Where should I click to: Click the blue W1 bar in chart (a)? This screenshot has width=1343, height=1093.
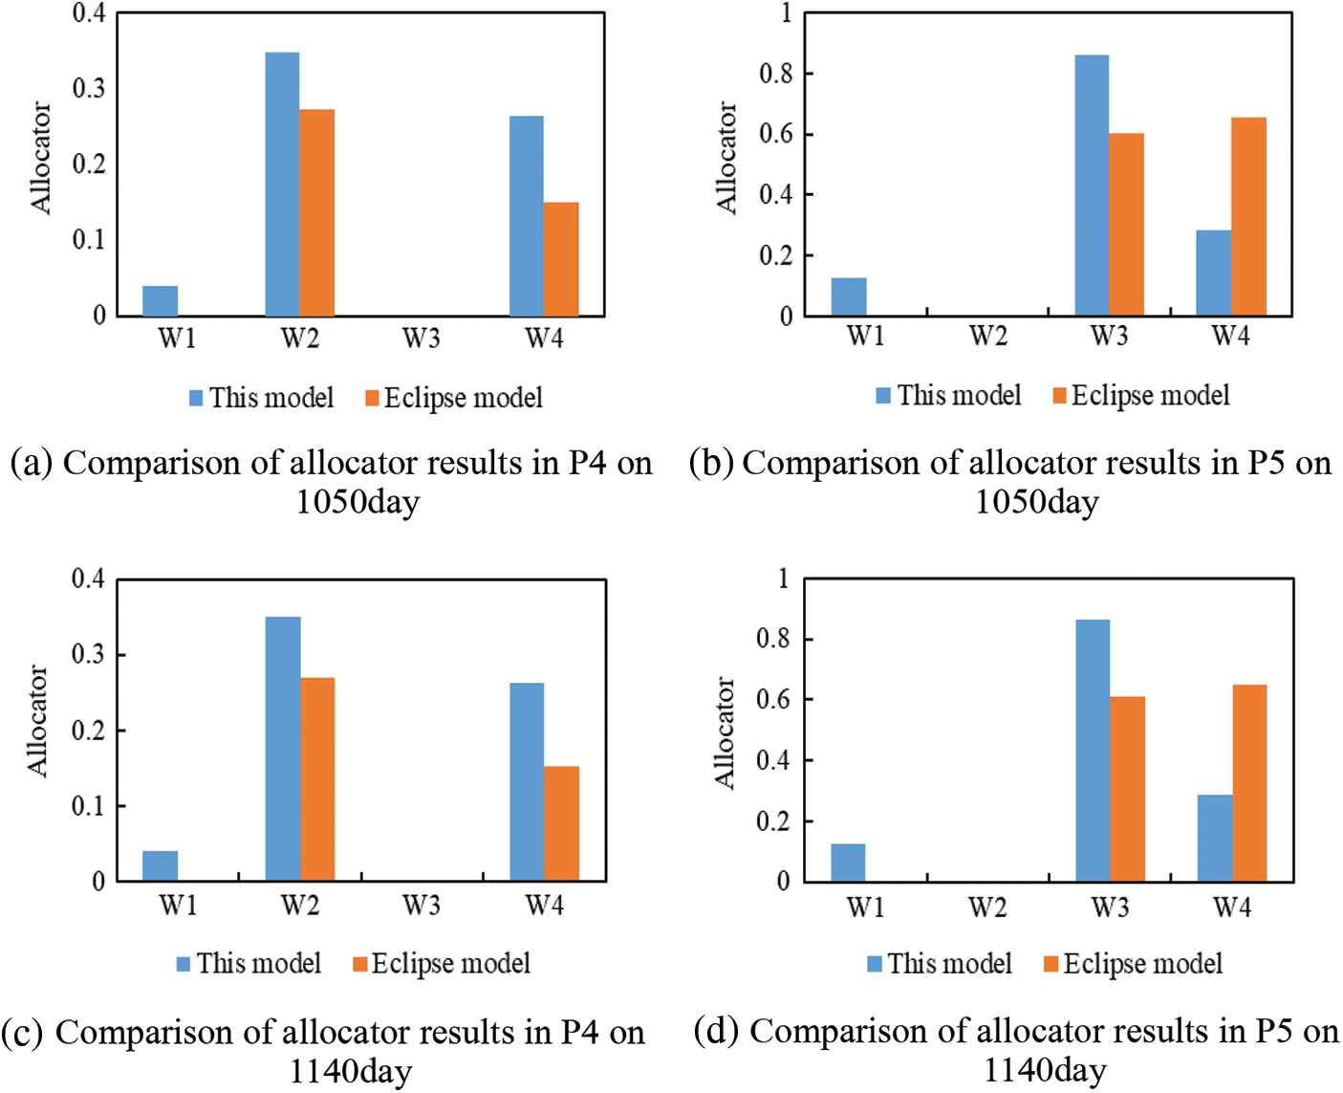[x=160, y=300]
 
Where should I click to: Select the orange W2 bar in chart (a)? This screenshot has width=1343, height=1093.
[x=316, y=212]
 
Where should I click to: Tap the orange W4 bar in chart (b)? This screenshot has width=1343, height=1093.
[x=1248, y=216]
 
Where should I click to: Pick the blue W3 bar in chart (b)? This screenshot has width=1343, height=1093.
[x=1092, y=185]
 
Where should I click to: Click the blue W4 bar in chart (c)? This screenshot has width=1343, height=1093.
[x=527, y=781]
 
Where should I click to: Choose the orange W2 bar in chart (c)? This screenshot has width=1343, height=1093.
[x=317, y=778]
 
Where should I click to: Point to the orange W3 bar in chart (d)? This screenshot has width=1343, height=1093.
[x=1128, y=788]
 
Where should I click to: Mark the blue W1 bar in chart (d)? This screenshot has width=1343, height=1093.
[x=848, y=862]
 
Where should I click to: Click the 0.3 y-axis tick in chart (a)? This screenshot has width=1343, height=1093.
[x=91, y=88]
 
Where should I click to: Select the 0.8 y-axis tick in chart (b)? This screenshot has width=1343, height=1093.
[x=776, y=74]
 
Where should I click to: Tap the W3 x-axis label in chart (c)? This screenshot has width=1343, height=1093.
[x=422, y=905]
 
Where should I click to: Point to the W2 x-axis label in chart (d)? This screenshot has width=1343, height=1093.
[x=987, y=907]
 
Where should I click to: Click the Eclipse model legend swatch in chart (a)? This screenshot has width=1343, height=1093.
[x=373, y=398]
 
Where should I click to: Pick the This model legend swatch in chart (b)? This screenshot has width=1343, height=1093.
[x=883, y=395]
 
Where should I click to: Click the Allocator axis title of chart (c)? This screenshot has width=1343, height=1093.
[x=36, y=721]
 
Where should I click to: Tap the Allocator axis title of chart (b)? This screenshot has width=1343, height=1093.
[x=726, y=158]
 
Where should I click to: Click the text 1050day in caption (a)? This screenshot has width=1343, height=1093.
[x=357, y=502]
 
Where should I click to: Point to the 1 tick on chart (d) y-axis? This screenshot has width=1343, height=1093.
[x=785, y=578]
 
